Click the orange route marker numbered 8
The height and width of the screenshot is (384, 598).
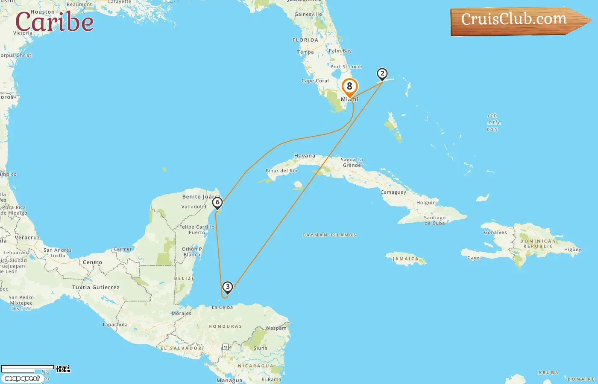pos(349,87)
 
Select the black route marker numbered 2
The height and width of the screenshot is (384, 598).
pos(382,74)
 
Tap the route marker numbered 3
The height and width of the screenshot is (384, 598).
pos(228,287)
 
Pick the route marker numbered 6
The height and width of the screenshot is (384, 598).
pos(217,202)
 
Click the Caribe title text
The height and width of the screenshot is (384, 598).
pos(54,22)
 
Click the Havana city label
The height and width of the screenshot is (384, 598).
pos(305,156)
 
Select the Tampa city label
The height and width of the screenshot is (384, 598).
pos(305,52)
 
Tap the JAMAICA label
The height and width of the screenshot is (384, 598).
pos(406,259)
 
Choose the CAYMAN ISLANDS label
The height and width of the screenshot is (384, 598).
pos(329,235)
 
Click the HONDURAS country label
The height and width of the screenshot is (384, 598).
pos(225,326)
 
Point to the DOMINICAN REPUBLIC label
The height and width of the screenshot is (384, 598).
pos(538,244)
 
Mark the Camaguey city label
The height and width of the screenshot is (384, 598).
pos(393,192)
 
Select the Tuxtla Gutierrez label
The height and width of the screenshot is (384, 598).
pos(96,287)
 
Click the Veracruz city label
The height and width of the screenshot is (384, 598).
pos(27,238)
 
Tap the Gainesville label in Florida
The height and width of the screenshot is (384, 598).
pos(308,14)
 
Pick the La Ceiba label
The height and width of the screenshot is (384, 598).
pos(223,307)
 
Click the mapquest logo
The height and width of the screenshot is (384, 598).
pos(22,378)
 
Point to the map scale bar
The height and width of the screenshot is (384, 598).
pos(28,369)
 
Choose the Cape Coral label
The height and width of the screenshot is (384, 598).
pos(315,81)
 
